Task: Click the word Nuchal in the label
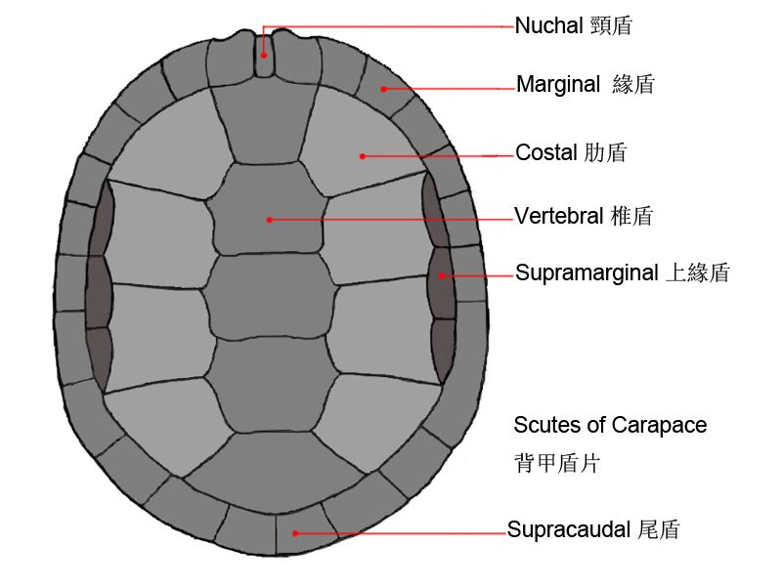550,26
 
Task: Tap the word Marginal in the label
558,85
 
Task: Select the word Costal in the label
545,153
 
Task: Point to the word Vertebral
559,217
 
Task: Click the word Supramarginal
586,273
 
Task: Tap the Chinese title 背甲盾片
557,463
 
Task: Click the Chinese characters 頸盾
612,26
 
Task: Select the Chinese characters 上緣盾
697,273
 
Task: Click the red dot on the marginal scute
384,89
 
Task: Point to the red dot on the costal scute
362,154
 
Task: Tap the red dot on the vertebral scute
268,220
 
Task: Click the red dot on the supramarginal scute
442,275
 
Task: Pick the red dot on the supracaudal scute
294,533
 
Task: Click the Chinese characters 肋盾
605,153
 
